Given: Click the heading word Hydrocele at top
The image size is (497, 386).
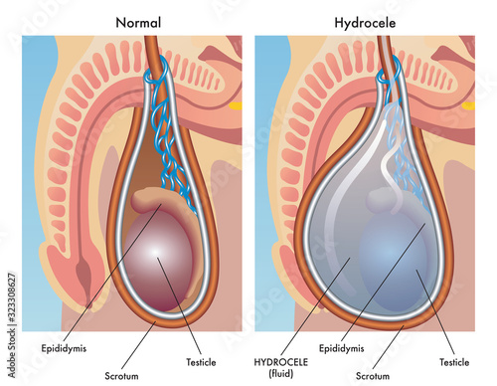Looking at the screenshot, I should pyautogui.click(x=367, y=20).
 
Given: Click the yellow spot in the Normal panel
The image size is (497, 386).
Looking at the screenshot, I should pyautogui.click(x=237, y=103).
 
